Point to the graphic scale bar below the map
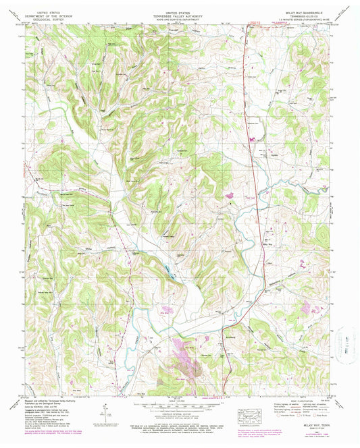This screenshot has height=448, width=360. [179, 407]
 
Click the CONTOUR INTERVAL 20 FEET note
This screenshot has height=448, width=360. [179, 414]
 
